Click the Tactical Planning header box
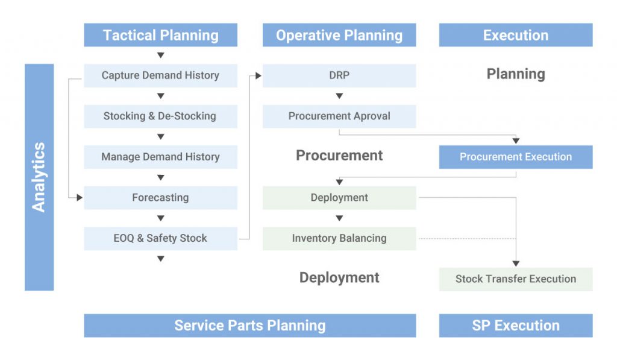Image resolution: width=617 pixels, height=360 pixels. (160, 35)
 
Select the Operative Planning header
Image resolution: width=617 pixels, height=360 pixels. (339, 35)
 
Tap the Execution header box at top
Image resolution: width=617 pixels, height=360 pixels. (516, 35)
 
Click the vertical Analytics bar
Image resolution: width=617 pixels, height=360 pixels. (39, 177)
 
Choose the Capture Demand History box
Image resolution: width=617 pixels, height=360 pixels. (160, 75)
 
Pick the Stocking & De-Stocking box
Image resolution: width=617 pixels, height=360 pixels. (160, 116)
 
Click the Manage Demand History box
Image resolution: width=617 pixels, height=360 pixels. (160, 157)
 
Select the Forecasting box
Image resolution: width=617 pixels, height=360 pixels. (160, 198)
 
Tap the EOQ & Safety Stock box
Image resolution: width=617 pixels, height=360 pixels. (160, 238)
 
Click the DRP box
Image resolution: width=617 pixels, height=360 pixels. (339, 75)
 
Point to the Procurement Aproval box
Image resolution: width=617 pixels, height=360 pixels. (339, 116)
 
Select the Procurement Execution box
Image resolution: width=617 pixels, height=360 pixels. (516, 157)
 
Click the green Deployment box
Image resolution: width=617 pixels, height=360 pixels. (339, 198)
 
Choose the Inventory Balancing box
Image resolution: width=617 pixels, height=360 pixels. (339, 238)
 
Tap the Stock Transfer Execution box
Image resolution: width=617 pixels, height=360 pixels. (516, 279)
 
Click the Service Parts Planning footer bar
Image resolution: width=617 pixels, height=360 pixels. (250, 326)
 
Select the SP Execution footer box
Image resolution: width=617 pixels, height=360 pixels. (516, 326)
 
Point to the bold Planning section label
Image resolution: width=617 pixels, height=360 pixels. (516, 74)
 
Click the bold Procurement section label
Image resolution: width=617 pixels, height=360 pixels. (339, 155)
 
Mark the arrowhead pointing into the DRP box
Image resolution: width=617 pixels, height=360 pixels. (258, 75)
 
